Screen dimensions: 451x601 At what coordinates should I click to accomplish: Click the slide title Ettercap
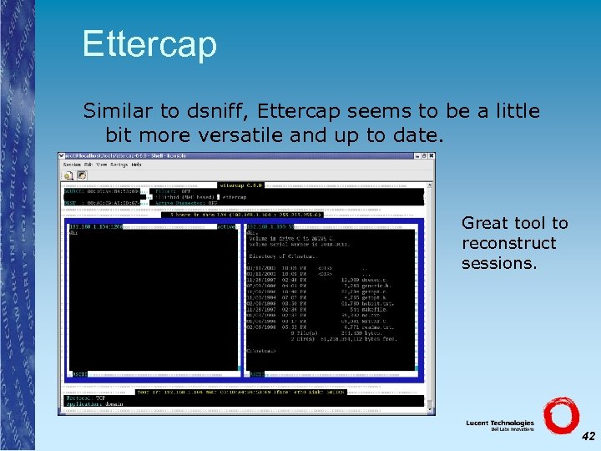[149, 43]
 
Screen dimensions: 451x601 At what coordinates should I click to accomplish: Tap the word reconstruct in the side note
[508, 243]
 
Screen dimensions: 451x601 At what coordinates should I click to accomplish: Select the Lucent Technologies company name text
[500, 424]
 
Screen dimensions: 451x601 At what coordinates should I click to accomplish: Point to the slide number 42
[588, 436]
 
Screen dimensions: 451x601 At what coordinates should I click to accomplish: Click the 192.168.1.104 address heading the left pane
[94, 226]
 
